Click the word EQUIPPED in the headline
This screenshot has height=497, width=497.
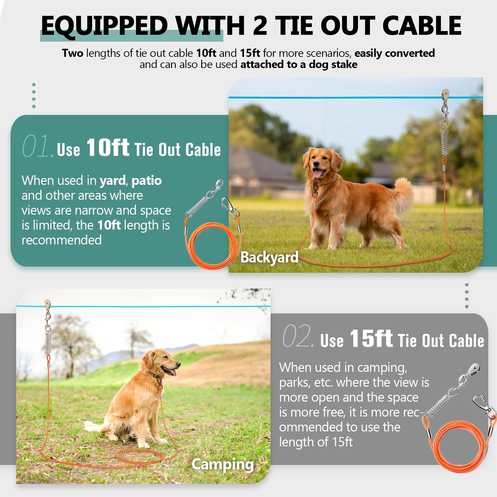104,25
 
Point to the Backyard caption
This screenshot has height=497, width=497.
269,257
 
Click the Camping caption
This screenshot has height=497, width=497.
222,464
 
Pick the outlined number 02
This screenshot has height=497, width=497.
297,336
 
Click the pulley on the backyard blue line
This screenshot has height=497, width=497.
445,93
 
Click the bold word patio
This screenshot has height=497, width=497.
146,180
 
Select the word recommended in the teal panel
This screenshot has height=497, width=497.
62,240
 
